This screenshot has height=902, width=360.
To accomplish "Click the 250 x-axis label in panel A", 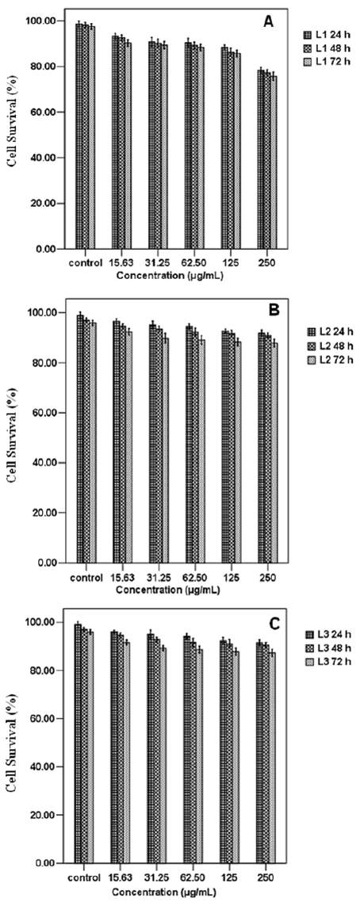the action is pos(267,262).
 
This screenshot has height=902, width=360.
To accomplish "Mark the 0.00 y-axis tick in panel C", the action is pos(46,863).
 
